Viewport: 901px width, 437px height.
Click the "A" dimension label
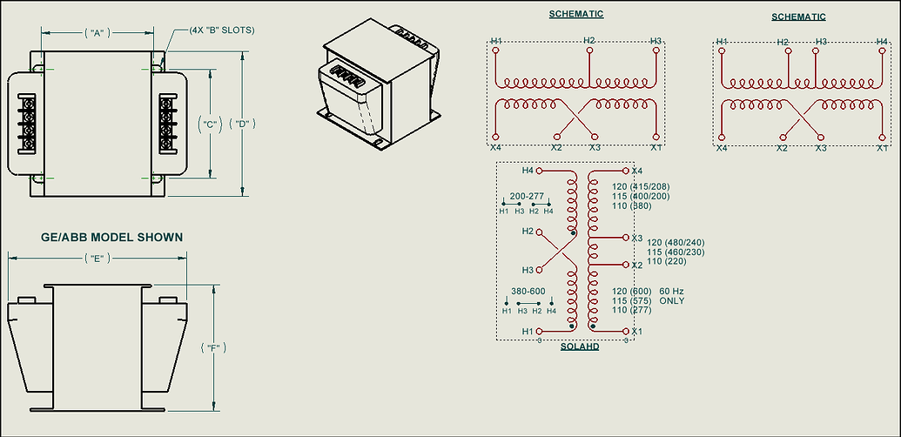pos(97,33)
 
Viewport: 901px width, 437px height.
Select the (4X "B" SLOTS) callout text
pos(222,30)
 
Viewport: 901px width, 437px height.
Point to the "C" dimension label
pos(210,124)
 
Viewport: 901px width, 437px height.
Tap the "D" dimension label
pos(242,124)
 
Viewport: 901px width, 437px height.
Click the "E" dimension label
pos(97,259)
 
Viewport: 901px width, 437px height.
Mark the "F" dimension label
pos(214,347)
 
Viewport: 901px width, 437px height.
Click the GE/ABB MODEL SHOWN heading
pos(112,237)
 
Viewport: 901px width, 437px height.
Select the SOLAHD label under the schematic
pos(580,346)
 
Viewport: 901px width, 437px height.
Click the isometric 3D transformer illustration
pos(379,85)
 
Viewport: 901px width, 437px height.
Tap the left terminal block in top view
pos(26,124)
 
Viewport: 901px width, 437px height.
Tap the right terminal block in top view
pos(168,124)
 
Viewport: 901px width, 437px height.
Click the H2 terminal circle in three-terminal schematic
pos(589,50)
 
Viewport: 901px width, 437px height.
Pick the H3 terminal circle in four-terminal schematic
pos(815,50)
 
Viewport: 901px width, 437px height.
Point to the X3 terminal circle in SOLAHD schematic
pos(626,237)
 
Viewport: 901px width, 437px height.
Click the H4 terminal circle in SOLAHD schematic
pos(539,171)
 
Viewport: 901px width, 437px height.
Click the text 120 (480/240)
pos(676,242)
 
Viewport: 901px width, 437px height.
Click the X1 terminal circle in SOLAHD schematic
pos(626,332)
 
